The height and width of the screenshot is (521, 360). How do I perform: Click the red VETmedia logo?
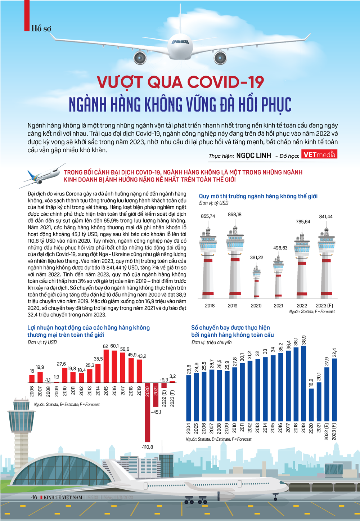[x=319, y=154]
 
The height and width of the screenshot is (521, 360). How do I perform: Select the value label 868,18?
[x=235, y=215]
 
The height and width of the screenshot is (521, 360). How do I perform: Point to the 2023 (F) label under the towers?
[x=324, y=306]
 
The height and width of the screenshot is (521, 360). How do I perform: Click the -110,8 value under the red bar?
[x=147, y=447]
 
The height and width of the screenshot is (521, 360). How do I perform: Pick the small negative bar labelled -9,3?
[x=164, y=385]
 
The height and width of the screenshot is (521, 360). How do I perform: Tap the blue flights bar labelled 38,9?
[x=303, y=383]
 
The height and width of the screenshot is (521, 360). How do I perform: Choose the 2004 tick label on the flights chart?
[x=189, y=428]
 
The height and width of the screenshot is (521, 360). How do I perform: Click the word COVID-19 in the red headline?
[x=226, y=82]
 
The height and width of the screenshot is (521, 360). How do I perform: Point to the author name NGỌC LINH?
[x=253, y=156]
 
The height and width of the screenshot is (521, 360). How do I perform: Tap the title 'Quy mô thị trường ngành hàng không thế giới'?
[x=258, y=196]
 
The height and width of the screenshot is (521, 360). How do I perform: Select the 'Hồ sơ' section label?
[x=41, y=28]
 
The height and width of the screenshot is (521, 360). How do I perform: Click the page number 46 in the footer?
[x=34, y=497]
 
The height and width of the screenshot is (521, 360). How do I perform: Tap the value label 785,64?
[x=303, y=222]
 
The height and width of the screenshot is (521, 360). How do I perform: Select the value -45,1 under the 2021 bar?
[x=156, y=412]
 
